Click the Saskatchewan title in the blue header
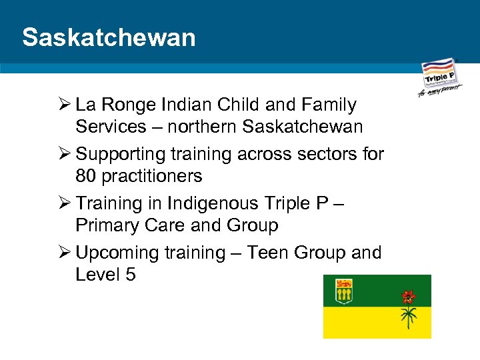pyautogui.click(x=109, y=37)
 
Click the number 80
pyautogui.click(x=86, y=176)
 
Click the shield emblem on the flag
pyautogui.click(x=344, y=291)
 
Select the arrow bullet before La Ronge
pyautogui.click(x=63, y=105)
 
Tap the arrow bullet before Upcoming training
pyautogui.click(x=63, y=253)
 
